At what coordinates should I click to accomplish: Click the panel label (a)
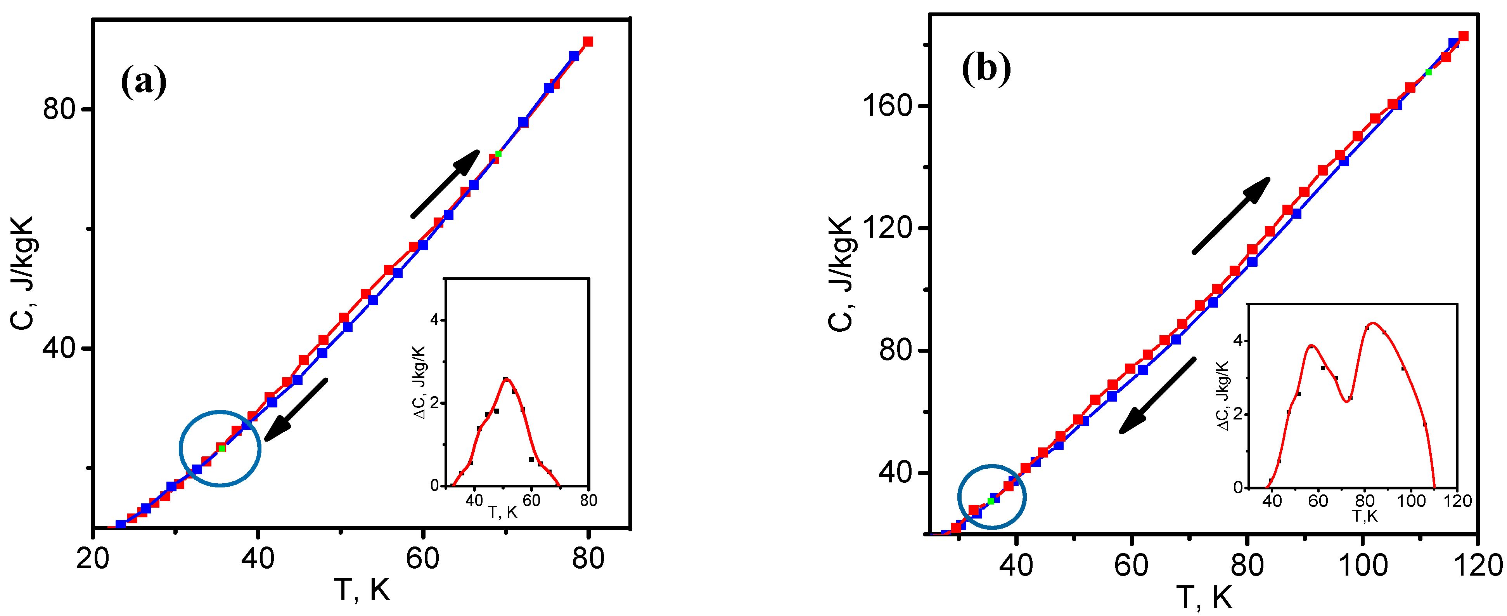(x=143, y=82)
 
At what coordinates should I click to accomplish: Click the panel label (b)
(x=986, y=69)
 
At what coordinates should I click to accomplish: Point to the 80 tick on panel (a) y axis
(x=60, y=109)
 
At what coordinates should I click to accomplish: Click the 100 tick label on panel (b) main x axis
(x=1363, y=566)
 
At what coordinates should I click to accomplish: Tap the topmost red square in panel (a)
(x=588, y=42)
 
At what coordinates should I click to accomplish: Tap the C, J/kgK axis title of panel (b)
(x=842, y=274)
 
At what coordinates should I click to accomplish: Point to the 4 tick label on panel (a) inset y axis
(x=434, y=320)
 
